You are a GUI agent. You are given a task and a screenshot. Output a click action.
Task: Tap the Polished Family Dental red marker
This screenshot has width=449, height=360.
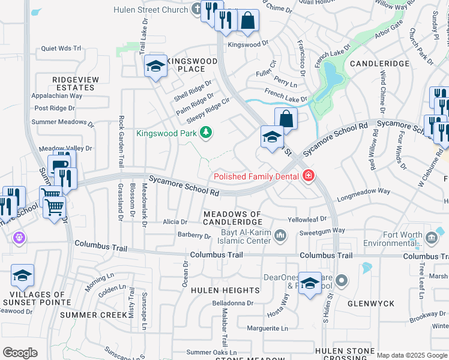click(309, 176)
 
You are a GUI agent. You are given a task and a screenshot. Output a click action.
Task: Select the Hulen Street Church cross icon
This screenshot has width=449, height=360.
click(197, 9)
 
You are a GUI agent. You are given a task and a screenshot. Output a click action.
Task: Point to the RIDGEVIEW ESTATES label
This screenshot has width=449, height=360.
click(74, 83)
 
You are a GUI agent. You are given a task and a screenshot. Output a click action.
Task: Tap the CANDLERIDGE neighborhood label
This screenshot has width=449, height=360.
click(379, 64)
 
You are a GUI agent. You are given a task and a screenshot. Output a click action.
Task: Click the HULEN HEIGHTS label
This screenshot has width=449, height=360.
click(225, 290)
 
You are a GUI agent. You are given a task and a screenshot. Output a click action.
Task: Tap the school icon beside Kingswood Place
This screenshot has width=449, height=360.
click(155, 66)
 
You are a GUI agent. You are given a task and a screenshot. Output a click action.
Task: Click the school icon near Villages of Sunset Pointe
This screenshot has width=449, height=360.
click(22, 276)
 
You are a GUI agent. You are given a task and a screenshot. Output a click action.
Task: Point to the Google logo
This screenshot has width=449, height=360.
click(20, 352)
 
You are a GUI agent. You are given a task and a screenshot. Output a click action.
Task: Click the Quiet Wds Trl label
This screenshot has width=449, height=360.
click(61, 49)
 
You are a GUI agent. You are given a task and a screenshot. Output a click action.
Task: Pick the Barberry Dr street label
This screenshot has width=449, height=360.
click(194, 236)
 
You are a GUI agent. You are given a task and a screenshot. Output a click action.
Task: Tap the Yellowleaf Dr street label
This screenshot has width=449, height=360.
click(307, 220)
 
